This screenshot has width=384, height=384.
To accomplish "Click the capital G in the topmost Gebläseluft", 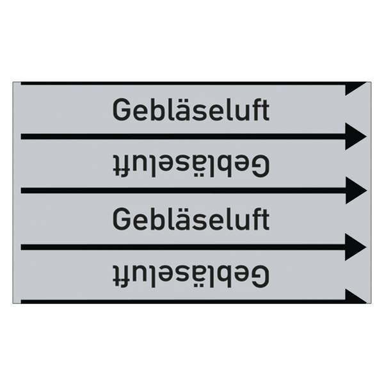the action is point(121,109).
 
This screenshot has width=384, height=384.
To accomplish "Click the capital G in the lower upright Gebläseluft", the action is point(121,219).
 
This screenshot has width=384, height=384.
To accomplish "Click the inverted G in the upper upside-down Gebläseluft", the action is point(261,165).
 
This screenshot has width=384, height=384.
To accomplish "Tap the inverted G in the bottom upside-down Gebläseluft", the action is point(261,275).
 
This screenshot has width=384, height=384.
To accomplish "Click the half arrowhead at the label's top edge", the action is point(356,89).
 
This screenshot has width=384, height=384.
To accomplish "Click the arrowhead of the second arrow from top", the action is point(356,136).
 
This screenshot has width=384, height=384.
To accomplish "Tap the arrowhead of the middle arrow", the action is point(356,190).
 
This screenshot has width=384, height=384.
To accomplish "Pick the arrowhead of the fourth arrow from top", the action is point(356,247).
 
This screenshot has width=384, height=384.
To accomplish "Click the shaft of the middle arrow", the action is point(183,190).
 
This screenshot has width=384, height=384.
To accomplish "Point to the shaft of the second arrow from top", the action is point(183,136).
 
